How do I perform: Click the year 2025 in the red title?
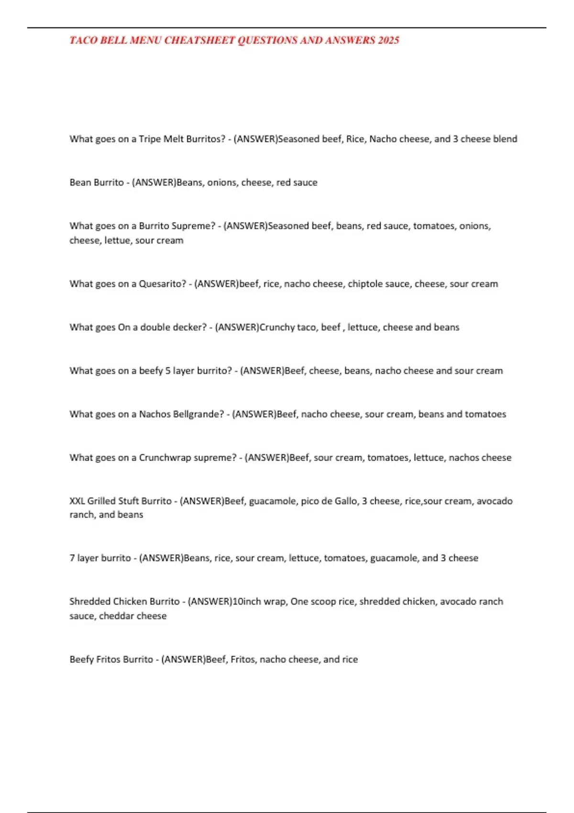click(388, 40)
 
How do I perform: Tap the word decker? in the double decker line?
click(190, 328)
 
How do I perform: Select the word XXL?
click(77, 501)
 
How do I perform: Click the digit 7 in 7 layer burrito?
click(72, 558)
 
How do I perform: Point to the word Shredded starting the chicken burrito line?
click(89, 602)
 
